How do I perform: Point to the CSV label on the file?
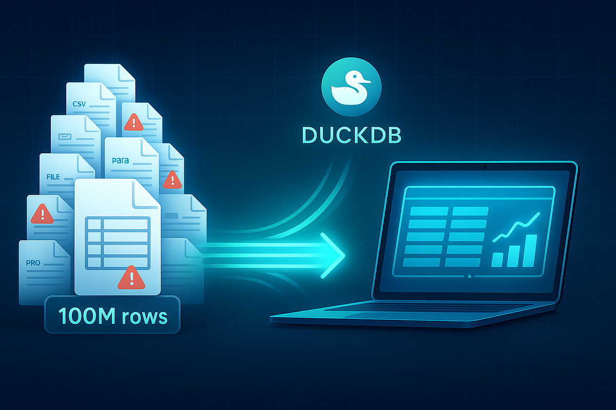[80, 104]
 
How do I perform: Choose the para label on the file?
[120, 160]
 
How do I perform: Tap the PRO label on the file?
[32, 263]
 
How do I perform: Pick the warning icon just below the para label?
[171, 179]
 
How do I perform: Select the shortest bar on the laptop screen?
[497, 259]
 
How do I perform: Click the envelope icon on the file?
[66, 137]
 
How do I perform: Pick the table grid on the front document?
[118, 242]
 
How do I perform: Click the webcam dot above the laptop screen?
[485, 167]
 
